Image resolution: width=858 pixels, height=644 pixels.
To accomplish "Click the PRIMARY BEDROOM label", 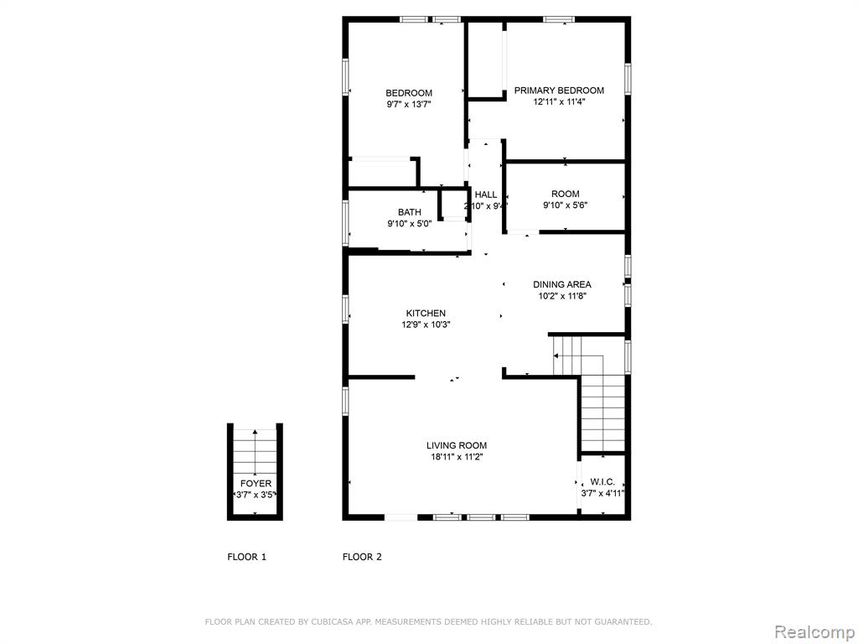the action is pyautogui.click(x=559, y=91).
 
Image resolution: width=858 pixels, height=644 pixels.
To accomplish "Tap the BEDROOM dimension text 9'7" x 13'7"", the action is pyautogui.click(x=409, y=104).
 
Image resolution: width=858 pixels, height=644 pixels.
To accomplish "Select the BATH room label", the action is pyautogui.click(x=409, y=212).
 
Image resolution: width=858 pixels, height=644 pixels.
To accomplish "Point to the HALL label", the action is pyautogui.click(x=486, y=195).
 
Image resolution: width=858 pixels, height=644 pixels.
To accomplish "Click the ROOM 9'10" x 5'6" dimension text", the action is pyautogui.click(x=566, y=205).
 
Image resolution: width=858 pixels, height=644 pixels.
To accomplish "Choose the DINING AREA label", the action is pyautogui.click(x=562, y=284).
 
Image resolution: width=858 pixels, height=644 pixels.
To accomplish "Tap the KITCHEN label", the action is pyautogui.click(x=426, y=314).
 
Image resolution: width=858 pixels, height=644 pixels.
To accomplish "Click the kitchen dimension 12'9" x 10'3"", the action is pyautogui.click(x=426, y=325).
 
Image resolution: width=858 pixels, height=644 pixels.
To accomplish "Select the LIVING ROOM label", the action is pyautogui.click(x=457, y=446).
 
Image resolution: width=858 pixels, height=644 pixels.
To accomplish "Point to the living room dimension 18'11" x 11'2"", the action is pyautogui.click(x=457, y=457).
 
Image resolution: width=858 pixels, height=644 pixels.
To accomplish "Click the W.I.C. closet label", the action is pyautogui.click(x=602, y=482).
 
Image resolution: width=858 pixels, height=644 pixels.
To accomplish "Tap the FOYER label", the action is pyautogui.click(x=256, y=484).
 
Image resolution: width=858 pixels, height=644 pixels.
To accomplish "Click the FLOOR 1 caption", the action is pyautogui.click(x=247, y=557).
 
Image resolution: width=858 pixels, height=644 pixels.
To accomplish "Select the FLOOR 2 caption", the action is pyautogui.click(x=362, y=557).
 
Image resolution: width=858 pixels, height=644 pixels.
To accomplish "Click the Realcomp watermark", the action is pyautogui.click(x=814, y=632).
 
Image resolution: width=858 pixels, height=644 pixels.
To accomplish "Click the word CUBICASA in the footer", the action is pyautogui.click(x=324, y=621).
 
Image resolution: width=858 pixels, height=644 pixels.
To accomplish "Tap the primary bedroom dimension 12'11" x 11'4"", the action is pyautogui.click(x=559, y=101).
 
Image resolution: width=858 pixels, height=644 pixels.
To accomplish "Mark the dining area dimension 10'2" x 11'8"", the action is pyautogui.click(x=562, y=296).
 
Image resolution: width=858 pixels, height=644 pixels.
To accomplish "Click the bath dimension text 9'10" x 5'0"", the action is pyautogui.click(x=409, y=223).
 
